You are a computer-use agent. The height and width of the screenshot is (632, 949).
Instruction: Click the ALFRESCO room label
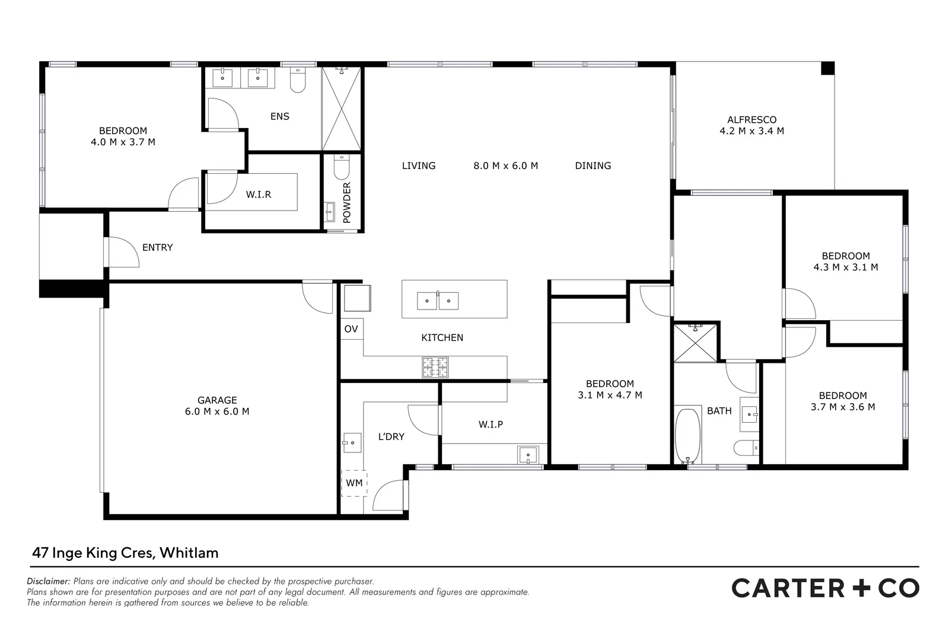(x=751, y=120)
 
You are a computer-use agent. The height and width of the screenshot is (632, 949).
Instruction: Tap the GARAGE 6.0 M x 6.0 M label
(x=217, y=406)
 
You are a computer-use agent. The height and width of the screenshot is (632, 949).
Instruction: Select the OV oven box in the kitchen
(x=351, y=328)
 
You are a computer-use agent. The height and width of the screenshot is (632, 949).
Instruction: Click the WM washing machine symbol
(x=354, y=483)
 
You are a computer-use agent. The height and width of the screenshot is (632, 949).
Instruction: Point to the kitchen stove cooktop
(x=435, y=367)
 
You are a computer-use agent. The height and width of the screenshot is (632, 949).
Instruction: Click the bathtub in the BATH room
(x=688, y=435)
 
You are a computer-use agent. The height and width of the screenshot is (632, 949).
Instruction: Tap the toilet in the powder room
(x=342, y=168)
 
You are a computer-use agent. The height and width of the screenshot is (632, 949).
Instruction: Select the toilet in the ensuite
(x=297, y=81)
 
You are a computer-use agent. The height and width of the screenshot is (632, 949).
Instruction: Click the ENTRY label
(x=157, y=247)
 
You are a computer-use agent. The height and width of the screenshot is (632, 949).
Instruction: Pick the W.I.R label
(x=259, y=194)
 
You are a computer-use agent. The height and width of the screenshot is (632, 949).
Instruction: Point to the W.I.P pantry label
(x=491, y=424)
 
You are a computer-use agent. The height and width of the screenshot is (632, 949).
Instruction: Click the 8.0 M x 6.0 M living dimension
(x=505, y=166)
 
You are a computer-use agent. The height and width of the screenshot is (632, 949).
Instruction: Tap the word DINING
(x=593, y=166)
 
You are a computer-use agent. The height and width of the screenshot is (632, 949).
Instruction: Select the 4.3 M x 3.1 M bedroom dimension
(x=846, y=267)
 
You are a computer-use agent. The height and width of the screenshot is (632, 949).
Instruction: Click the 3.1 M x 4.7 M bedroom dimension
(x=610, y=395)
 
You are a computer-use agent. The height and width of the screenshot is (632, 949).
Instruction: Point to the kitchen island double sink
(x=438, y=301)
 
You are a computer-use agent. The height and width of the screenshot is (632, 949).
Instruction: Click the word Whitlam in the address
(x=189, y=553)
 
